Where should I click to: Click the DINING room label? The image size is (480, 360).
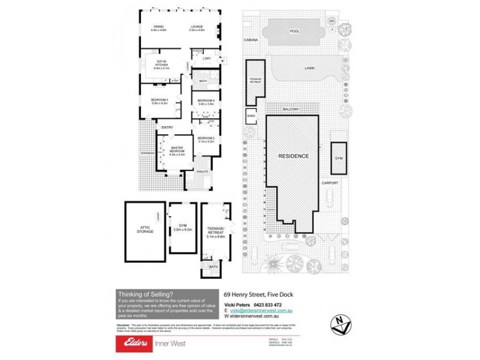click(x=158, y=26)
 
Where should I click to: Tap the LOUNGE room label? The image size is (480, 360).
click(x=197, y=26)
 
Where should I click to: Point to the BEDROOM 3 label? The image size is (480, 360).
click(x=159, y=100)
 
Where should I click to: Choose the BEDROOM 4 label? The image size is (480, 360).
click(x=206, y=100)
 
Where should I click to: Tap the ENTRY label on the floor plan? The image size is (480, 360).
click(x=167, y=127)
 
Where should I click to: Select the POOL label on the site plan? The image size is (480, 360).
click(x=294, y=31)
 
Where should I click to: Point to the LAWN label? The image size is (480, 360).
click(x=309, y=68)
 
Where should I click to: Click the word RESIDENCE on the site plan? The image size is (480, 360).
click(x=294, y=156)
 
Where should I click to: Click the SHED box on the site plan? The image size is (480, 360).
click(x=250, y=116)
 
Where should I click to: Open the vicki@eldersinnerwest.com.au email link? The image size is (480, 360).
click(x=265, y=311)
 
